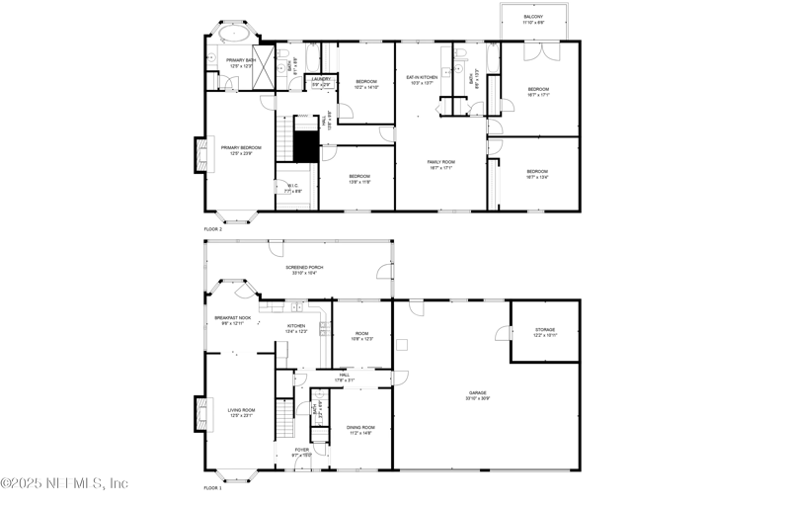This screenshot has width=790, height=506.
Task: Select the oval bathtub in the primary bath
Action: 233,34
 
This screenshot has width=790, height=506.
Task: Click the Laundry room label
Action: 321,81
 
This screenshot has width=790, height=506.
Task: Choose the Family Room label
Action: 440,165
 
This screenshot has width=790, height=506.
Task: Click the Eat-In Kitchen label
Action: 422,79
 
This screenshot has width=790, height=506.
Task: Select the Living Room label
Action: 241,412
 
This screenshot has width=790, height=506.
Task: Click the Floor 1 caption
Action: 213,488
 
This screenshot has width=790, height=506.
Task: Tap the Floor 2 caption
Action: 213,228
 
